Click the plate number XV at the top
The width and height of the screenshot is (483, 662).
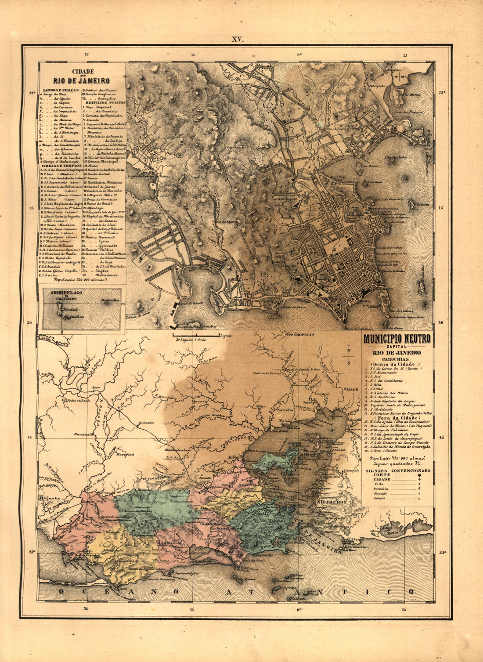(x=238, y=39)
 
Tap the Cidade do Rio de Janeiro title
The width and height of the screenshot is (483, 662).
(x=82, y=77)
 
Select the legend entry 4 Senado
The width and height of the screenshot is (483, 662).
(x=90, y=119)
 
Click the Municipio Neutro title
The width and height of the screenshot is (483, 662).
(x=396, y=339)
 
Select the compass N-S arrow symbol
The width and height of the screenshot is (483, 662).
(x=348, y=355)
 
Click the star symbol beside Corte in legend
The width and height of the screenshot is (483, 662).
(x=419, y=475)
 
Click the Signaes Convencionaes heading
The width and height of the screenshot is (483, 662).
(x=398, y=470)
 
